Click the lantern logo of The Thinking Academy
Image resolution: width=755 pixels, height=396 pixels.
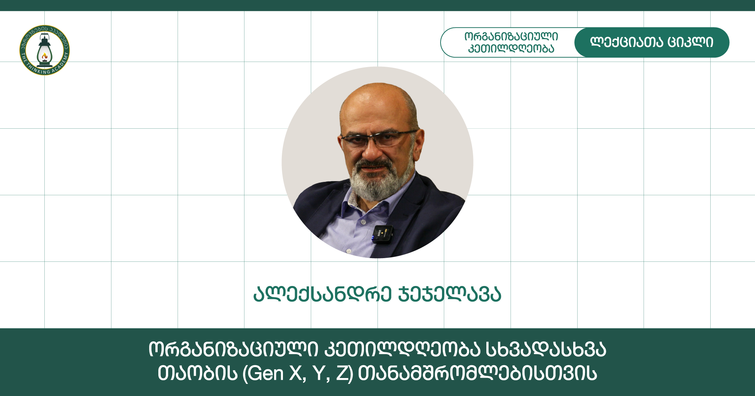[44, 50]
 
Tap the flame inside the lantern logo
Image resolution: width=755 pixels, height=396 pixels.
[45, 56]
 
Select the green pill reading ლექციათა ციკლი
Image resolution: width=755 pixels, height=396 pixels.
[652, 43]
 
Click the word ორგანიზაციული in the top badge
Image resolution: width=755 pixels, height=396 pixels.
[511, 37]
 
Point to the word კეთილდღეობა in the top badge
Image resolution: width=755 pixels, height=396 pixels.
[511, 48]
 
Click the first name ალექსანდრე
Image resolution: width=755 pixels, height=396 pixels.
[323, 294]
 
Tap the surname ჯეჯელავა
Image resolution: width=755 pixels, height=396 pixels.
[450, 294]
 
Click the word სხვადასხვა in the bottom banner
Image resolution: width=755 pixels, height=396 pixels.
[546, 350]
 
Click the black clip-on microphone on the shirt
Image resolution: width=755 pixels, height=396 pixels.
[382, 234]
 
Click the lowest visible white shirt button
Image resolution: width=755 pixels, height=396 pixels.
[349, 251]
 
